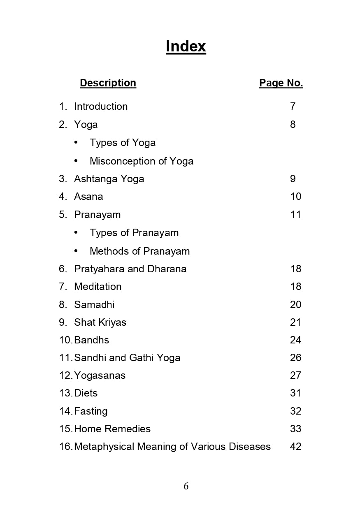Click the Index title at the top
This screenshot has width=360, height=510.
pyautogui.click(x=186, y=46)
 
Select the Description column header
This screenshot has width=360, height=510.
pyautogui.click(x=108, y=83)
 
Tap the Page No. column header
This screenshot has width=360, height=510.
pyautogui.click(x=281, y=83)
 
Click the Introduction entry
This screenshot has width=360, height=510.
pyautogui.click(x=101, y=107)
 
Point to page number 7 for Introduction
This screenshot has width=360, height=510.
pyautogui.click(x=293, y=107)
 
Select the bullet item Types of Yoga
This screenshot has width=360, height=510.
pyautogui.click(x=123, y=143)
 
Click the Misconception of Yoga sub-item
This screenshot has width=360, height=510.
pyautogui.click(x=142, y=161)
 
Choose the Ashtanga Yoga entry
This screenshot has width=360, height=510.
pyautogui.click(x=109, y=179)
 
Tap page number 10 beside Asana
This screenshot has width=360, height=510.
pyautogui.click(x=296, y=197)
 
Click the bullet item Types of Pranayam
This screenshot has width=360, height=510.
pyautogui.click(x=134, y=233)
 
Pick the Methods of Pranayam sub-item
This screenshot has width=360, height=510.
pyautogui.click(x=139, y=251)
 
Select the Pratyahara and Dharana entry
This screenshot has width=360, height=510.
pyautogui.click(x=130, y=269)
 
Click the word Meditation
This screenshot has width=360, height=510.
pyautogui.click(x=98, y=287)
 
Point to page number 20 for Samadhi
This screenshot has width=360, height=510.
pyautogui.click(x=296, y=305)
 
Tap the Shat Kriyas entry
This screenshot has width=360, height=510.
pyautogui.click(x=100, y=322)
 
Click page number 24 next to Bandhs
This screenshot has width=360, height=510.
pyautogui.click(x=296, y=340)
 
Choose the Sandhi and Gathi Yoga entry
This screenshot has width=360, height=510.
pyautogui.click(x=127, y=358)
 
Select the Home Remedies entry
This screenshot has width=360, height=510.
pyautogui.click(x=112, y=429)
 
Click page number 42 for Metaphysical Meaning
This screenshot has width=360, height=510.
pyautogui.click(x=296, y=447)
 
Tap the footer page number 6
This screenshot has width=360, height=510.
pyautogui.click(x=186, y=486)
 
